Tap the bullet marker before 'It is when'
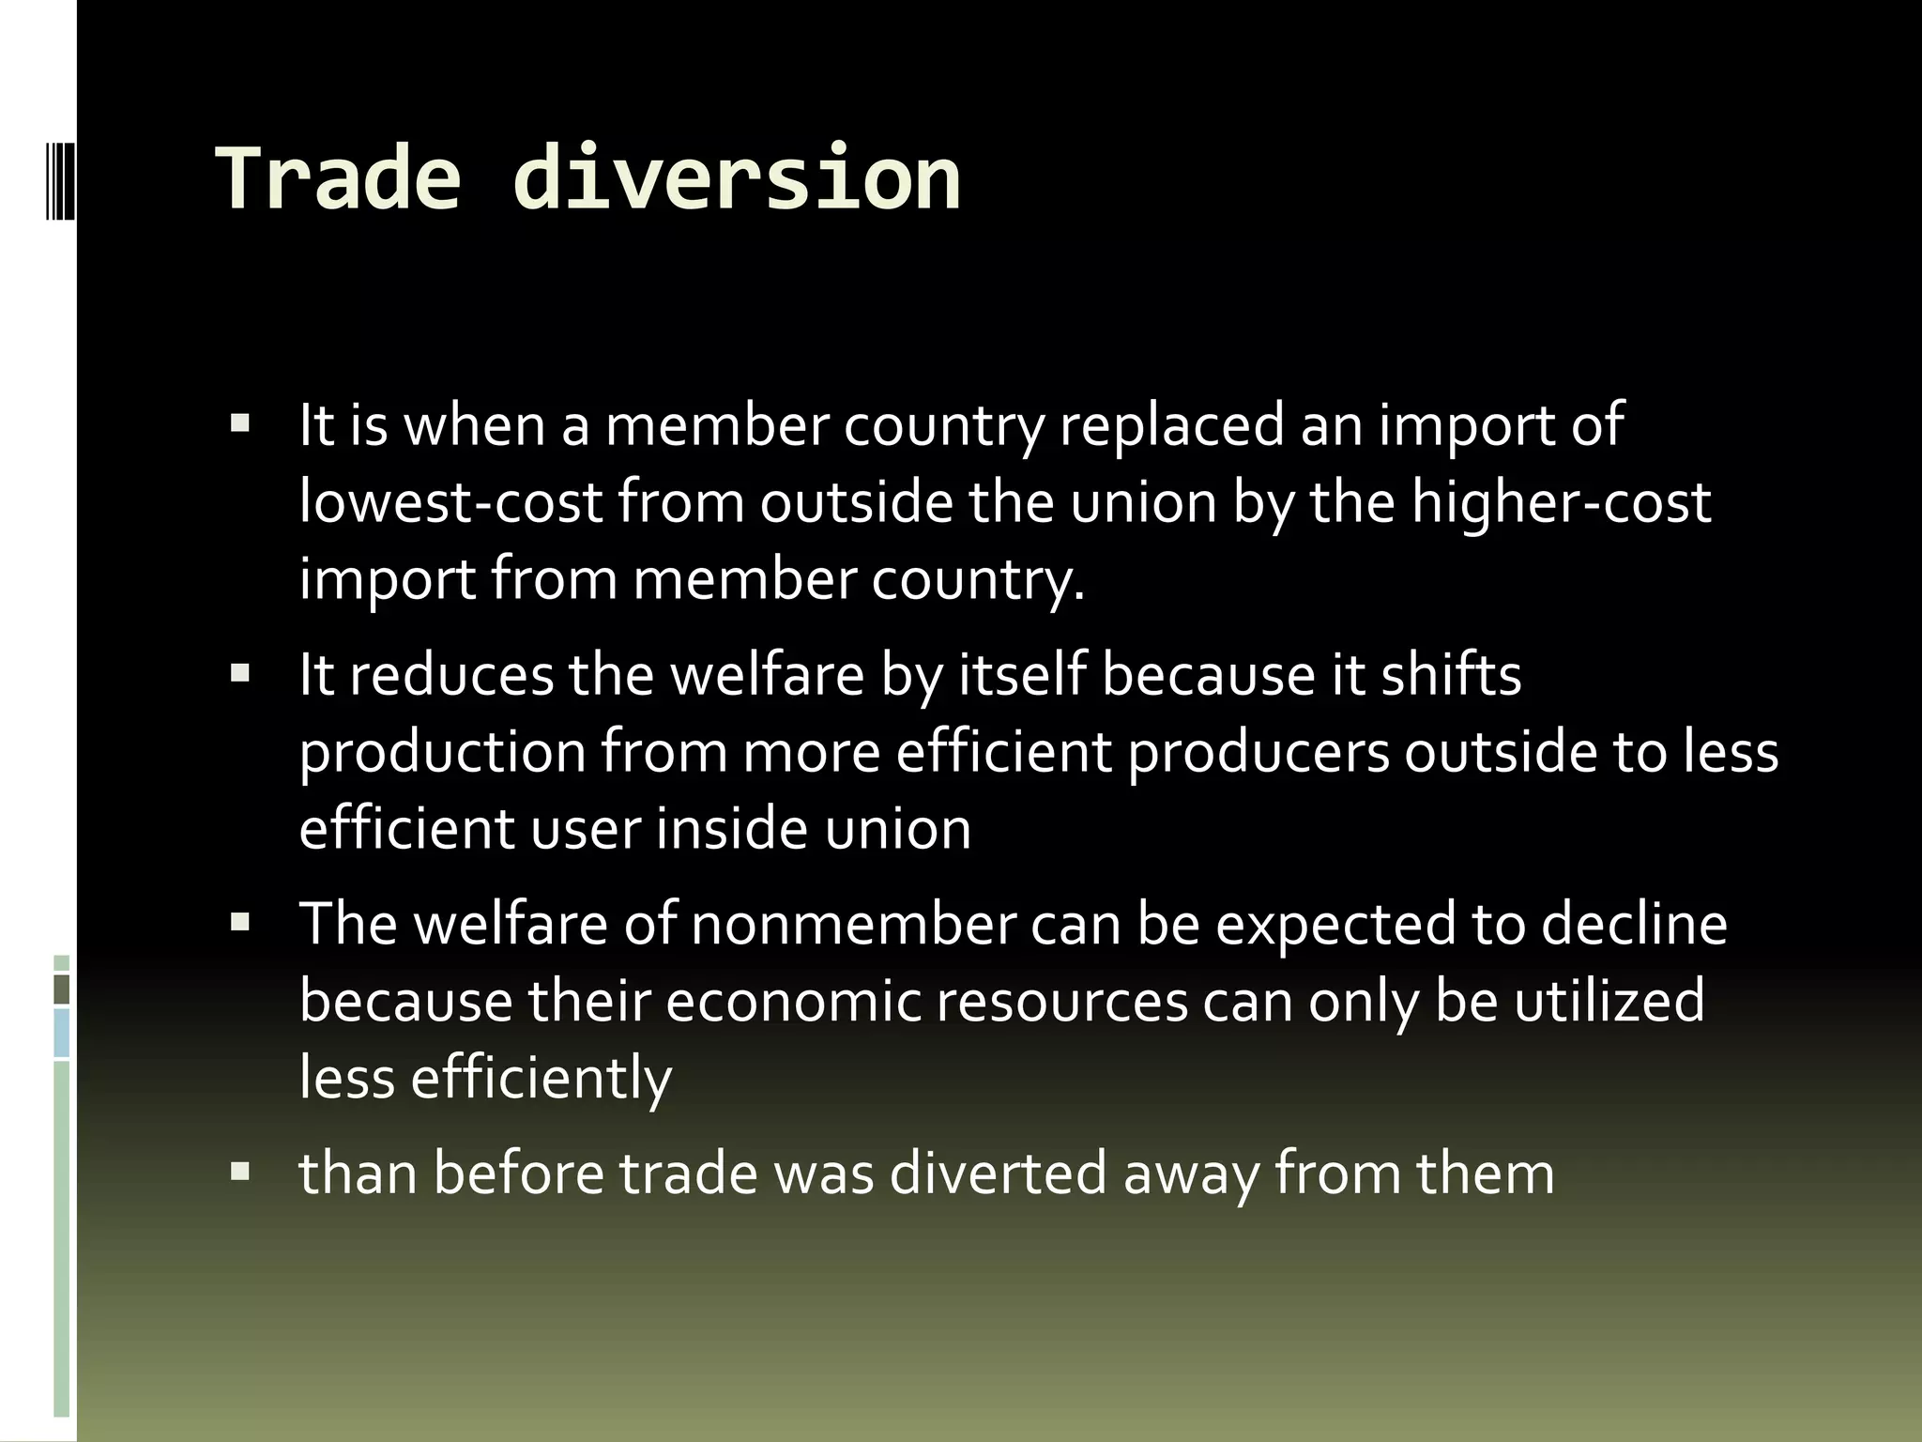point(240,422)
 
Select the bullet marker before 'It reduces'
point(240,672)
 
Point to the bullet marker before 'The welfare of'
point(240,922)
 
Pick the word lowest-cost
point(450,502)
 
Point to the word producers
point(1258,753)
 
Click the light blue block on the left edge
point(62,1033)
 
